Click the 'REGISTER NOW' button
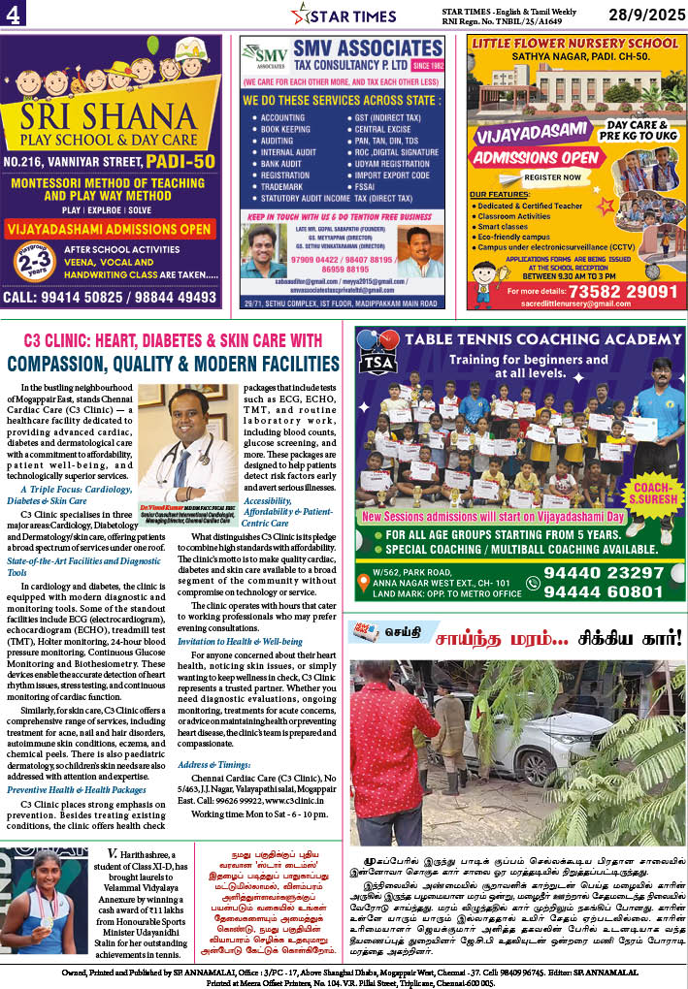point(551,177)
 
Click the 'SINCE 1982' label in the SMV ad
point(427,67)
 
